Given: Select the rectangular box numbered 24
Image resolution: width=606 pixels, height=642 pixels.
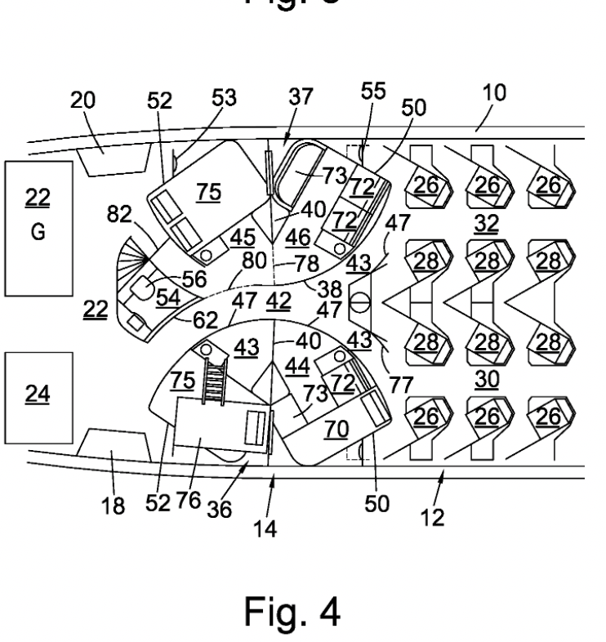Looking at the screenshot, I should tap(38, 395).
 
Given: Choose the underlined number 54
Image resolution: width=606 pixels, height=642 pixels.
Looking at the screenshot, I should tap(167, 298).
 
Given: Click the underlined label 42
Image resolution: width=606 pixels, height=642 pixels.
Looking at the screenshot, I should tap(278, 300).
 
